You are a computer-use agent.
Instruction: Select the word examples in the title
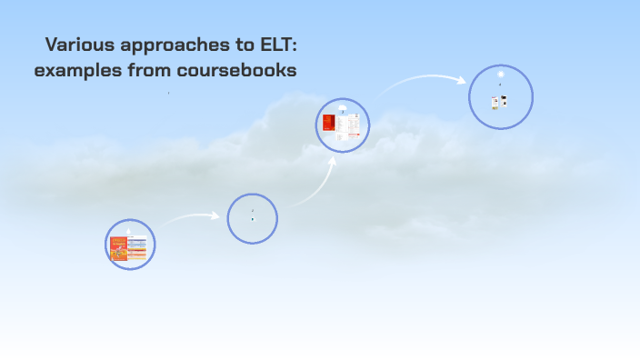coord(76,70)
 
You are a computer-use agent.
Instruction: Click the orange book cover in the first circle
coord(118,248)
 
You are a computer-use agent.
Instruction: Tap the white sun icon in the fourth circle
coord(501,75)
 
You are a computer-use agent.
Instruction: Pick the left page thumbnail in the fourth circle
coord(495,102)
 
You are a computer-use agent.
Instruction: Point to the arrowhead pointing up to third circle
coord(333,161)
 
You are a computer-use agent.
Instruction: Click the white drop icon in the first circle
coord(129,228)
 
